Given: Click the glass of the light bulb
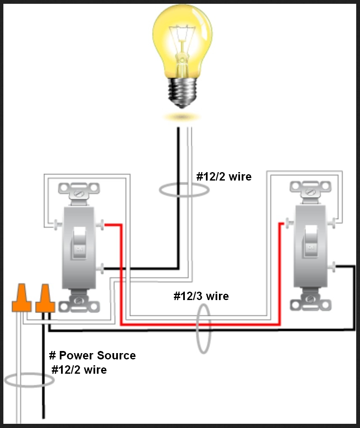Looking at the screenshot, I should pyautogui.click(x=182, y=38).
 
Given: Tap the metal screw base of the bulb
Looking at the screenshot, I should pyautogui.click(x=182, y=90).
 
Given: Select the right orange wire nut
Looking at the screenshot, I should pyautogui.click(x=45, y=299).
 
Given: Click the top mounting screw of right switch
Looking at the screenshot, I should pyautogui.click(x=311, y=192).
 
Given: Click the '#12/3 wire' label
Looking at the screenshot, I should pyautogui.click(x=201, y=296).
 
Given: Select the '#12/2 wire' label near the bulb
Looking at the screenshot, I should pyautogui.click(x=224, y=177).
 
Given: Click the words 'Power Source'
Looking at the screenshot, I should pyautogui.click(x=97, y=356).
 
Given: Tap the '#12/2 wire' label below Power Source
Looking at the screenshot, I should pyautogui.click(x=79, y=370).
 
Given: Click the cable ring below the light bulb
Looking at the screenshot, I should pyautogui.click(x=184, y=190).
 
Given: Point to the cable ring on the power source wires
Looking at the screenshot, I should pyautogui.click(x=29, y=380).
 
